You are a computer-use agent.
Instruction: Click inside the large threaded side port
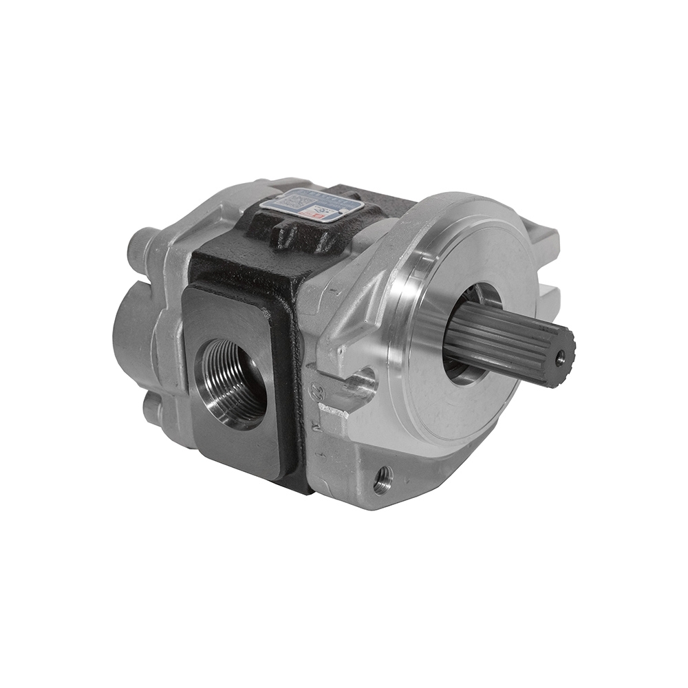tap(230, 382)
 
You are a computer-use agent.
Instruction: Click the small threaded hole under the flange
tap(383, 477)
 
